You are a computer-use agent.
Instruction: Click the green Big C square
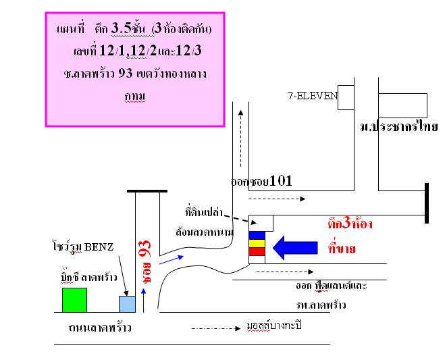pyautogui.click(x=74, y=300)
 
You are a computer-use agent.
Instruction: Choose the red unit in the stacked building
pyautogui.click(x=257, y=252)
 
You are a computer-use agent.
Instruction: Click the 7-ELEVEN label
pyautogui.click(x=310, y=96)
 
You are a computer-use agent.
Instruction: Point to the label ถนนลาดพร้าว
pyautogui.click(x=101, y=329)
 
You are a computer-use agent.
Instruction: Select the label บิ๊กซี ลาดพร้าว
pyautogui.click(x=82, y=277)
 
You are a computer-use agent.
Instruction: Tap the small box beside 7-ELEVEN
pyautogui.click(x=346, y=97)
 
